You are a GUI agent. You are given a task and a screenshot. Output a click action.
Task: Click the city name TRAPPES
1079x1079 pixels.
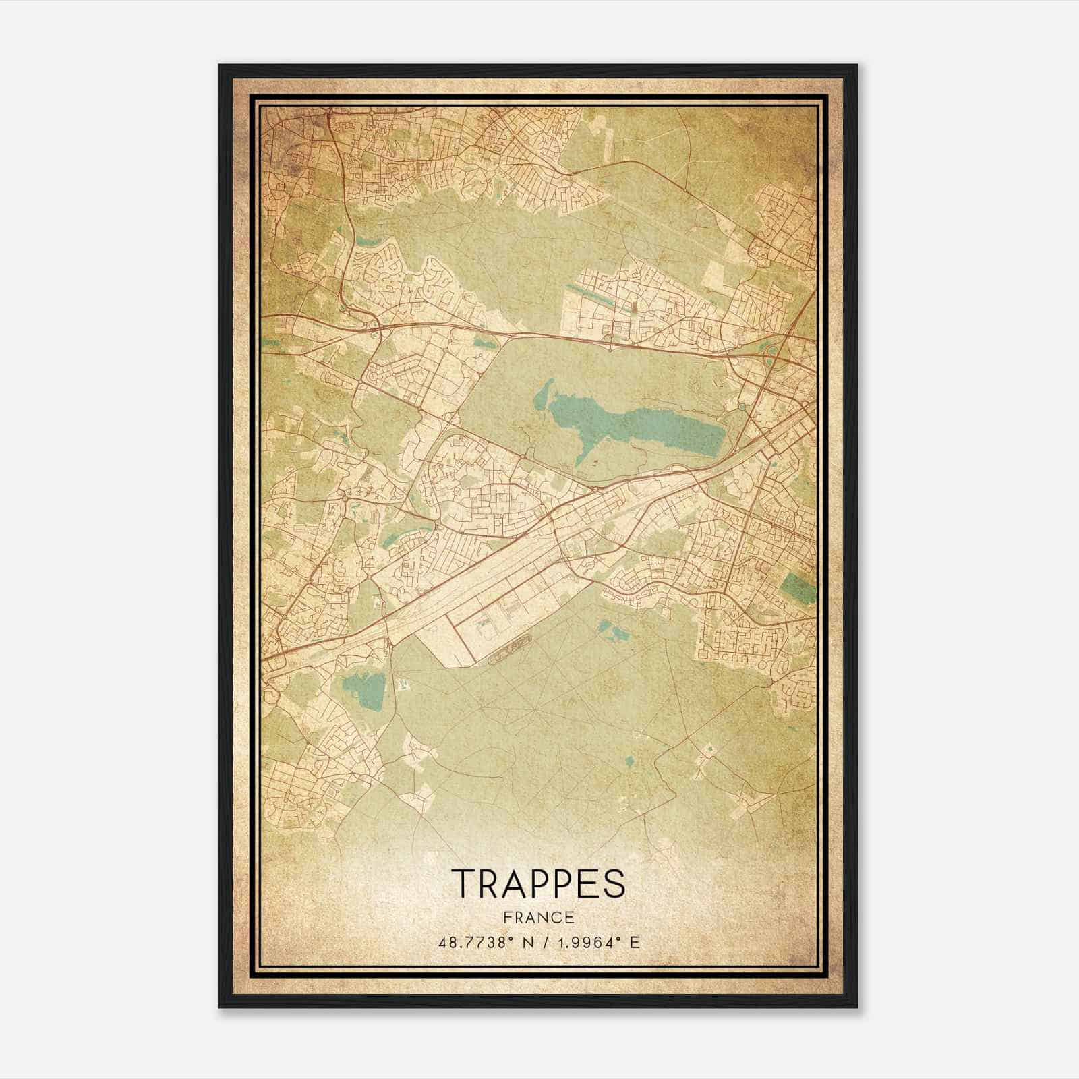pos(538,883)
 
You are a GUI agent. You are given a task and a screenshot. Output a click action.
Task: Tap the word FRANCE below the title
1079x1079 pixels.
pos(538,917)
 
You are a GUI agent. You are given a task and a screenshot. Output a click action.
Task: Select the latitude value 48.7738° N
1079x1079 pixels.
pos(487,942)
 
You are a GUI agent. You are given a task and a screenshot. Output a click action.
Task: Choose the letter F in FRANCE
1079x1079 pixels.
pos(506,917)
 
